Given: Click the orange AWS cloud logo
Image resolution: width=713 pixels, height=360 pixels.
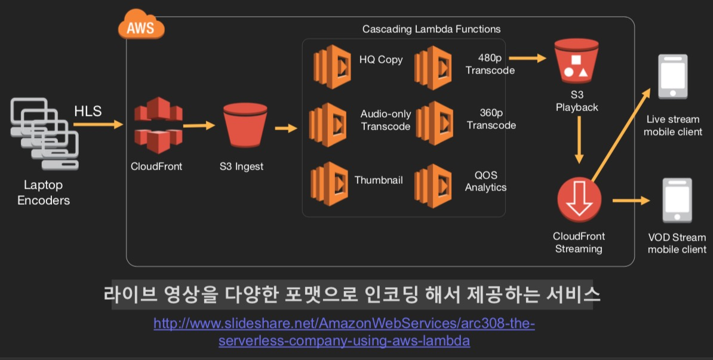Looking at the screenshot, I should [x=141, y=27].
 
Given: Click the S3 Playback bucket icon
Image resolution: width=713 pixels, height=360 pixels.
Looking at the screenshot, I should [x=576, y=62].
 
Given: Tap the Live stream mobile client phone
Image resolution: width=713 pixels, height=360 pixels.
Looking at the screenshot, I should [x=672, y=76].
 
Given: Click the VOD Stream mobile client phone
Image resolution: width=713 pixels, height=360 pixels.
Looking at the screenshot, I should [x=677, y=200].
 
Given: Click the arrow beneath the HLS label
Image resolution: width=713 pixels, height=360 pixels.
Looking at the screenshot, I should [x=97, y=125].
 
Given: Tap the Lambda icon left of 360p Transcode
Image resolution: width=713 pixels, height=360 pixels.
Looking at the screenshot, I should [x=435, y=123].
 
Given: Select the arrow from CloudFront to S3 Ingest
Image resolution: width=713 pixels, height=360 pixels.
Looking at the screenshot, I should [x=199, y=125].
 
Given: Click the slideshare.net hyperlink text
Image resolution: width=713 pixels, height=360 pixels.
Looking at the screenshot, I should [x=344, y=332].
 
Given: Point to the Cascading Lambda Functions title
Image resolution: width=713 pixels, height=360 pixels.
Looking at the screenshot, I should [x=431, y=29].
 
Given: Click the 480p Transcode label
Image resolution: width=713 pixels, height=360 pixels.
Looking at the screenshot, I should [x=490, y=64].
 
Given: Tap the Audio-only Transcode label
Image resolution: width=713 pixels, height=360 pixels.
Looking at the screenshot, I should [x=386, y=120].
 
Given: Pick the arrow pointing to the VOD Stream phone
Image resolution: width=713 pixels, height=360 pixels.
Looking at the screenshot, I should [x=630, y=201].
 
